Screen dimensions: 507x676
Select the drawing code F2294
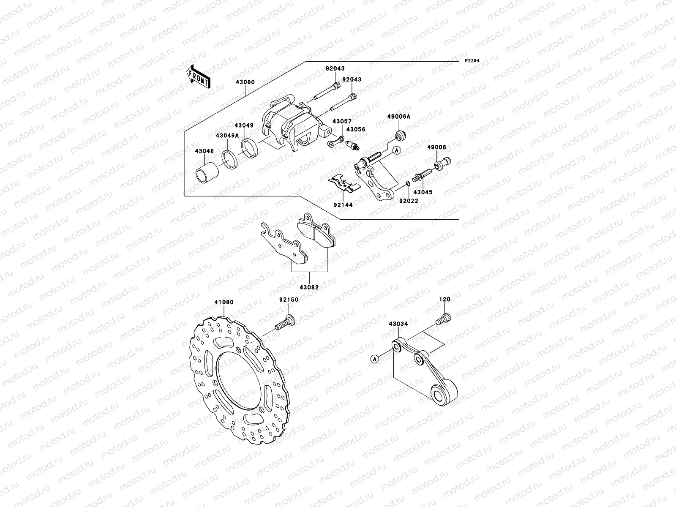473,61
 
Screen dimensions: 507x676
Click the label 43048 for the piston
204,151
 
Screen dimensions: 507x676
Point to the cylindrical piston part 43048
207,174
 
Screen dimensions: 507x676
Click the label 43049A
227,136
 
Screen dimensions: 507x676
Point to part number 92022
409,201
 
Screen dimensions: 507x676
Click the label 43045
423,192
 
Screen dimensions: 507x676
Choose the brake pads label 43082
309,287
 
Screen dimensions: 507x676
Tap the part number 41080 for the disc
224,303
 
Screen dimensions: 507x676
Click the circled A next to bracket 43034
374,359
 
